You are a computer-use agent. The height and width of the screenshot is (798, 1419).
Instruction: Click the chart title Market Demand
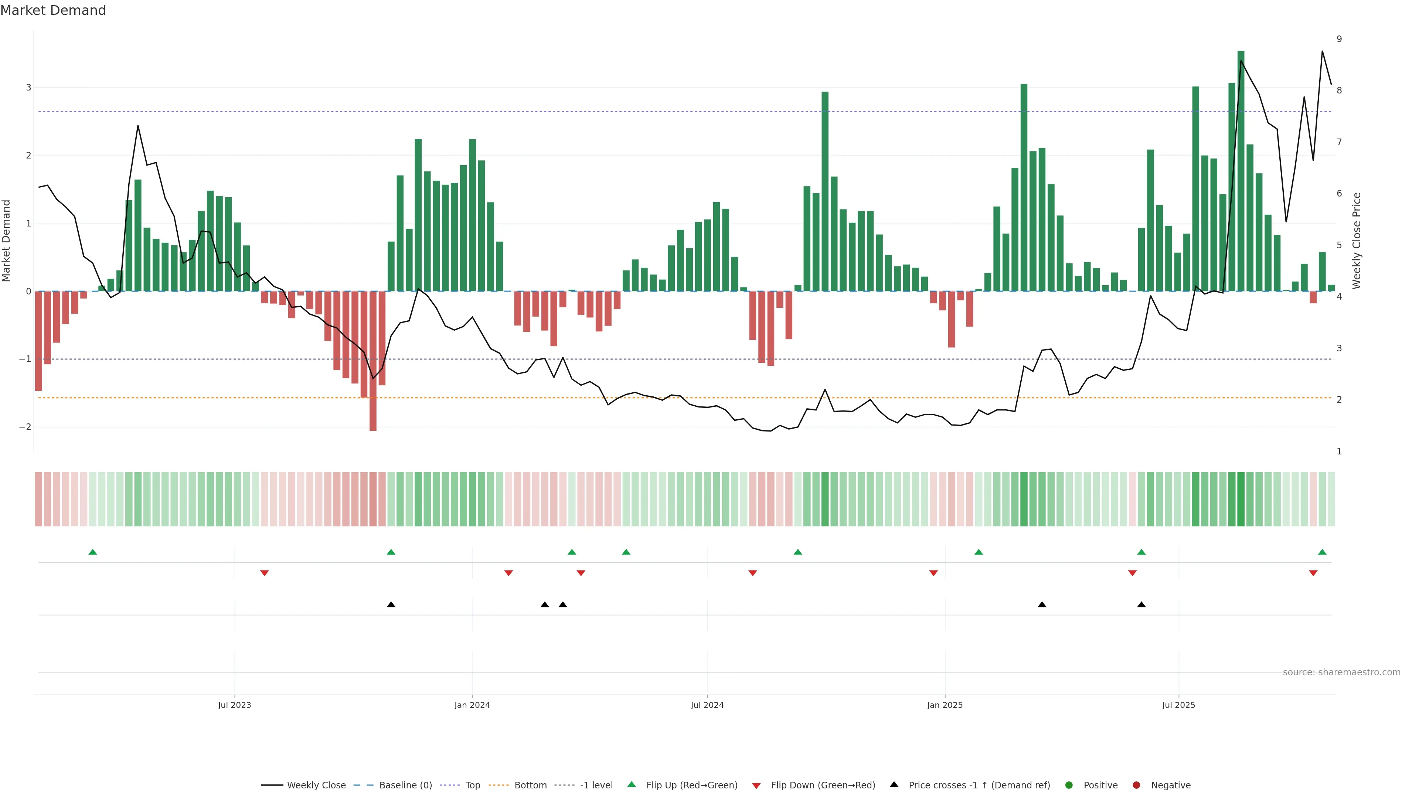click(x=53, y=10)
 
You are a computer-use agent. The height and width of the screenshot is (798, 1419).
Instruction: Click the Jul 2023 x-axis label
click(x=234, y=705)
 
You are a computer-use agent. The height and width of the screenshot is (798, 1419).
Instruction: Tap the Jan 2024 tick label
click(x=472, y=705)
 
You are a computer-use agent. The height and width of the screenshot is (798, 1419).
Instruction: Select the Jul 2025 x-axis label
click(x=1178, y=705)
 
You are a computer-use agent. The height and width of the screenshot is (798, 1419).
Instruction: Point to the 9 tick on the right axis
click(x=1339, y=39)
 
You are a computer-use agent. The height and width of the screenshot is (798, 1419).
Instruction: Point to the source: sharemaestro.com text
click(x=1341, y=672)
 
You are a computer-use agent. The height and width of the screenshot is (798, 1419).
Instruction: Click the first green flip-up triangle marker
click(x=92, y=552)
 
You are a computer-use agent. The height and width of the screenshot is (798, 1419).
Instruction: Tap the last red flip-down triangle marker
click(x=1313, y=573)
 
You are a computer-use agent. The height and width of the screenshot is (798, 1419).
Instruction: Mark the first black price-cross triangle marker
click(x=391, y=605)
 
